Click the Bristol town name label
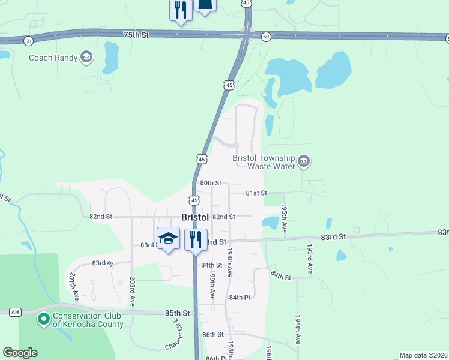point(195,217)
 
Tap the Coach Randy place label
point(53,58)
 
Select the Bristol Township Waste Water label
point(264,162)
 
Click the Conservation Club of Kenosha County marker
point(43,319)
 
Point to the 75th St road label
point(136,35)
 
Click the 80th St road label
point(211,182)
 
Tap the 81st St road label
point(256,193)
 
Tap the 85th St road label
point(178,313)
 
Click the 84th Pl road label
point(239,297)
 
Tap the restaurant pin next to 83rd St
point(196,240)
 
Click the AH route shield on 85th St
point(16,313)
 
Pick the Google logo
point(20,353)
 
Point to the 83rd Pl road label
point(103,263)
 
